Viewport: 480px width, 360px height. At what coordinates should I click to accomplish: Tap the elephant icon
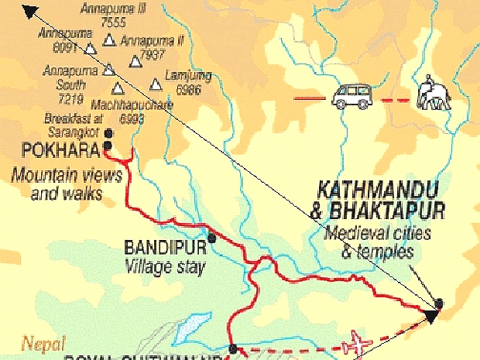point(431,94)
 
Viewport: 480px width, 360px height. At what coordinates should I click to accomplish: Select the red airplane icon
point(360,342)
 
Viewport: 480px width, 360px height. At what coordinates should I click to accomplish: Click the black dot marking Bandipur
point(211,238)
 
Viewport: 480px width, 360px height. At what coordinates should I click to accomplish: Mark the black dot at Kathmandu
point(440,303)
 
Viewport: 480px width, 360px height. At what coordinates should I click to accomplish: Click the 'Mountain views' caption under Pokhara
point(67,176)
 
